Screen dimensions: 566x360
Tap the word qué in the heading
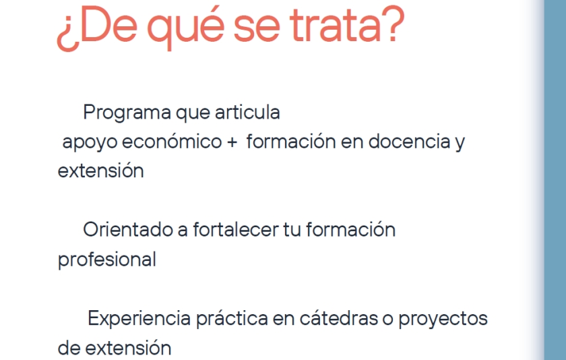point(185,28)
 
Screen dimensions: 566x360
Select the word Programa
point(127,113)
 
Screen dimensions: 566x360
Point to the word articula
point(248,112)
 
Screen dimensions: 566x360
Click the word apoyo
point(90,142)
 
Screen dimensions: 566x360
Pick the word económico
point(172,141)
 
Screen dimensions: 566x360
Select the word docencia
point(410,141)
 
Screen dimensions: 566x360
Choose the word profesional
point(107,260)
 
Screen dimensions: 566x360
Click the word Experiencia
point(139,319)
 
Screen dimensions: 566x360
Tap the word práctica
point(232,319)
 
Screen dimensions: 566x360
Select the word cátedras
point(338,318)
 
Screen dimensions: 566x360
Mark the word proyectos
point(443,319)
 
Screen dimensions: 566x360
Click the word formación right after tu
point(351,230)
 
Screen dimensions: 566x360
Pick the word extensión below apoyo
point(100,171)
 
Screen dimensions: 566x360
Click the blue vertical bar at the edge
point(555,180)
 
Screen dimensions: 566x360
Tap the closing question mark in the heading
point(394,24)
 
